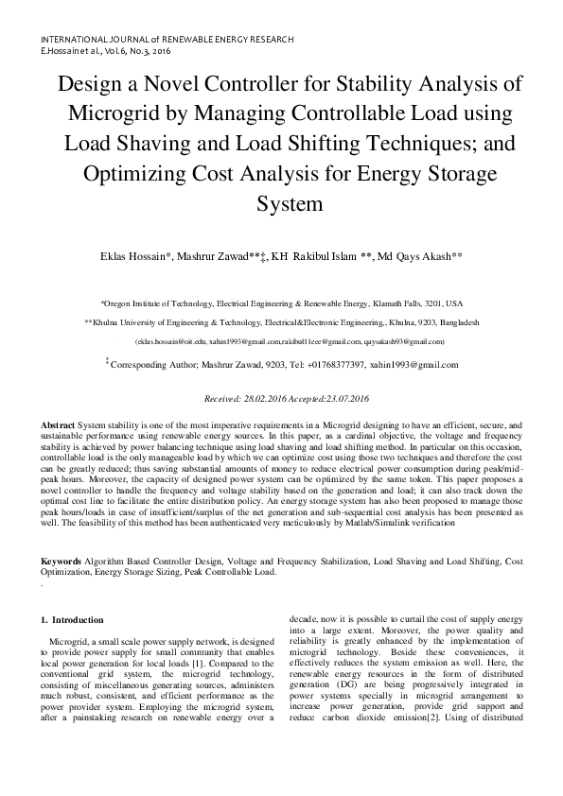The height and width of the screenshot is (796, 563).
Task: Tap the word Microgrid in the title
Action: point(111,112)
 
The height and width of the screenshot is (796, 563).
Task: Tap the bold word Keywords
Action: point(62,561)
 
